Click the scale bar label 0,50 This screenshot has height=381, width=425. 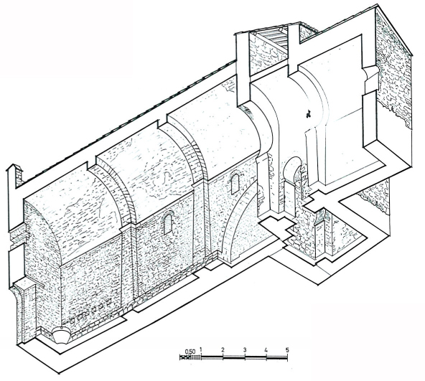pyautogui.click(x=190, y=352)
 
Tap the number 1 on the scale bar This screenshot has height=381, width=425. pyautogui.click(x=201, y=349)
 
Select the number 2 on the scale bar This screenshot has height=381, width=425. pyautogui.click(x=223, y=349)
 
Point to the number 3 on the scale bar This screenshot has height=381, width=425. pyautogui.click(x=245, y=349)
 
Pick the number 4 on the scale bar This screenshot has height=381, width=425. pyautogui.click(x=266, y=350)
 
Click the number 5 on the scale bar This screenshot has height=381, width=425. pyautogui.click(x=287, y=350)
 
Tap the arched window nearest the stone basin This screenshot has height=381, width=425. pyautogui.click(x=168, y=222)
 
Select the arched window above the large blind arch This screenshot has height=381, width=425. pyautogui.click(x=235, y=183)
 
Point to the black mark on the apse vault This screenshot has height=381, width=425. pyautogui.click(x=308, y=114)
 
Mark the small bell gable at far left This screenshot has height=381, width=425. pyautogui.click(x=14, y=176)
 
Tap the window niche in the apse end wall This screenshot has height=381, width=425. pyautogui.click(x=370, y=80)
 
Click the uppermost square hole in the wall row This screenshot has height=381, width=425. pyautogui.click(x=109, y=301)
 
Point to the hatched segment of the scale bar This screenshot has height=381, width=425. pyautogui.click(x=190, y=357)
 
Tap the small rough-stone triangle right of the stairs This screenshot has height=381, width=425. pyautogui.click(x=307, y=31)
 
